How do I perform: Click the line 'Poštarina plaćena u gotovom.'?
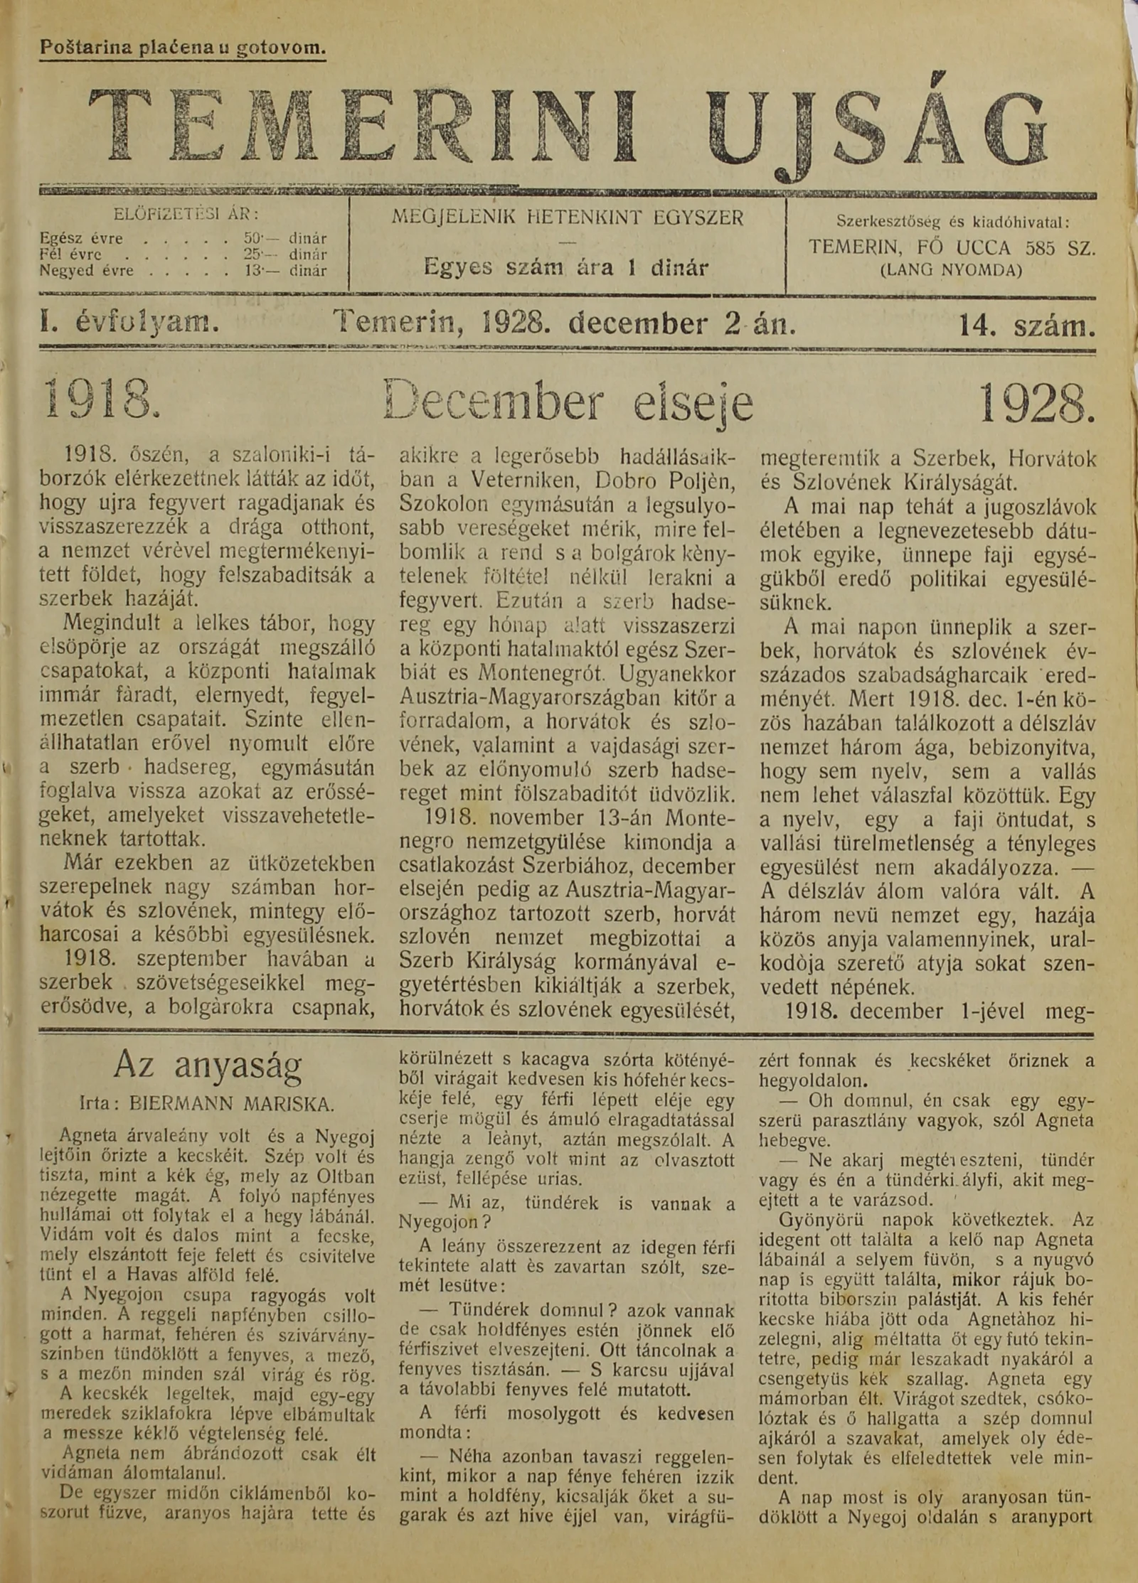(x=183, y=48)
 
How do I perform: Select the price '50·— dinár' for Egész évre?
(x=284, y=239)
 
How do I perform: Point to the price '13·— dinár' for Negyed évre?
(x=284, y=270)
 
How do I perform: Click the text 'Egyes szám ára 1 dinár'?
(x=566, y=267)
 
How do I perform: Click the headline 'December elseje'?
(x=568, y=404)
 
